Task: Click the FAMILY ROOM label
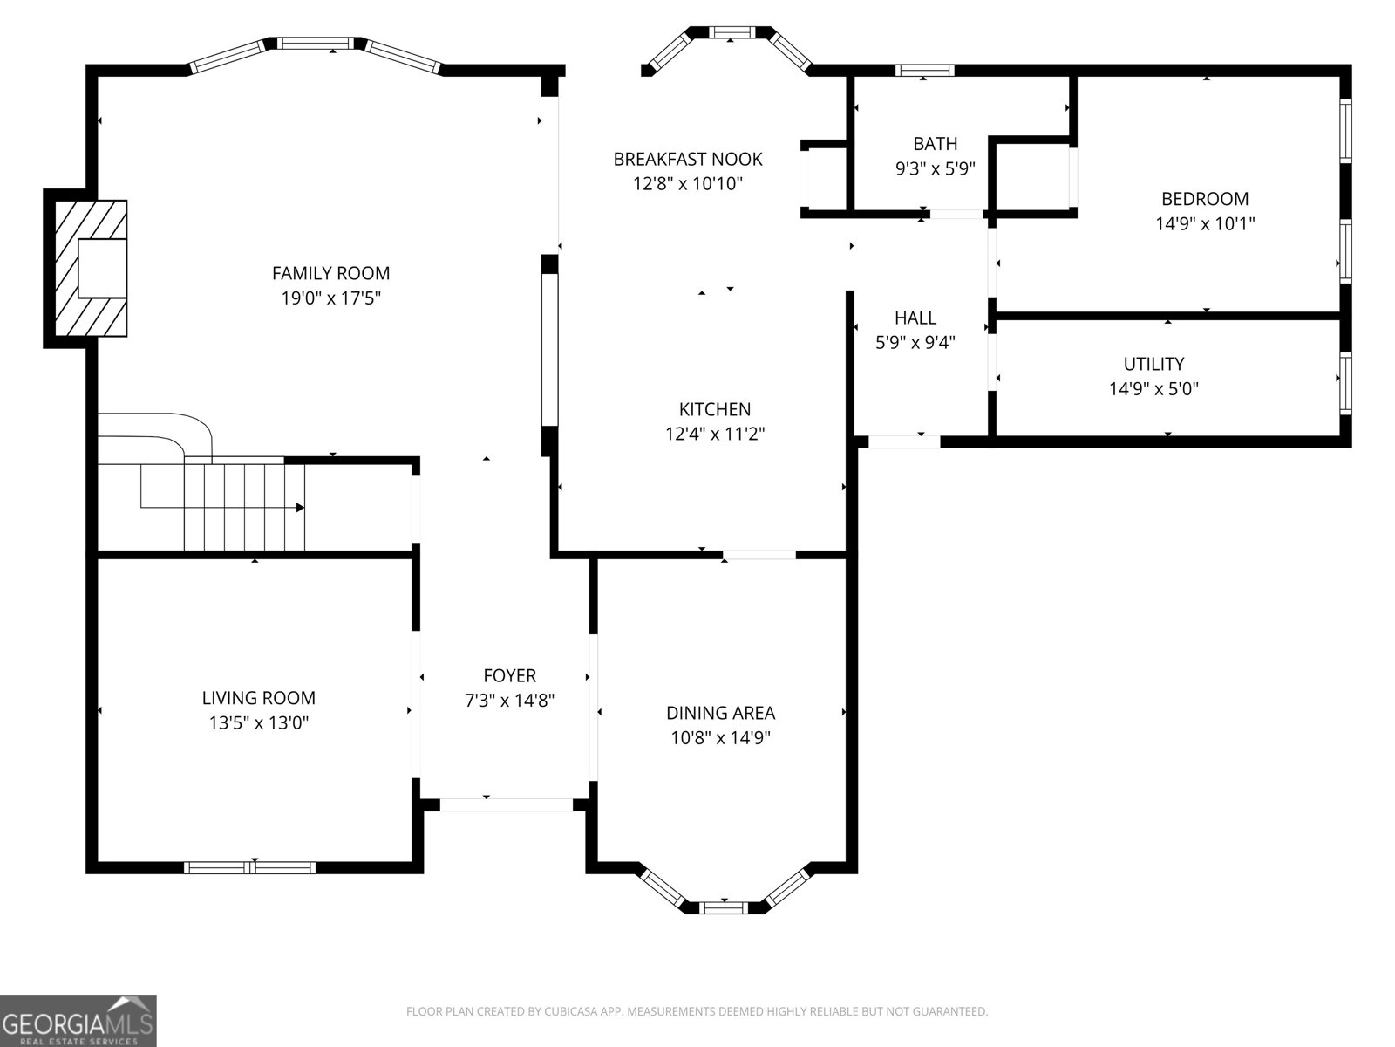[x=330, y=273]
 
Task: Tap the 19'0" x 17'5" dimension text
[x=330, y=298]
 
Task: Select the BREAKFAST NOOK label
[x=688, y=159]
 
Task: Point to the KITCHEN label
[x=715, y=408]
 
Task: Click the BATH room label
[x=936, y=144]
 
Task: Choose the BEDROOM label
[x=1205, y=199]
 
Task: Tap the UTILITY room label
[x=1154, y=364]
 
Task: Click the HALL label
[x=915, y=318]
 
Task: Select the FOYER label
[x=510, y=675]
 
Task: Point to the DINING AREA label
[x=721, y=713]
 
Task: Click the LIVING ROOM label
[x=259, y=698]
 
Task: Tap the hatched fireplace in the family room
[x=91, y=268]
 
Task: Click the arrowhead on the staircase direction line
[x=300, y=507]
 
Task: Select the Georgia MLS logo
[x=78, y=1020]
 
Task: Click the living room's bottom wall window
[x=249, y=868]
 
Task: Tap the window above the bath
[x=925, y=71]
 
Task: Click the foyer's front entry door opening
[x=507, y=804]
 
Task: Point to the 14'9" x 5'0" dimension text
[x=1154, y=388]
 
